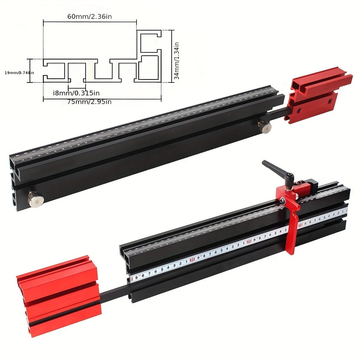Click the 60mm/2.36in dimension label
tap(89, 16)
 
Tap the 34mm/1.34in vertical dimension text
tap(177, 61)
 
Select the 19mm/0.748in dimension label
tap(19, 73)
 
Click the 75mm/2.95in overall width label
tap(89, 102)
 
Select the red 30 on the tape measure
tap(192, 259)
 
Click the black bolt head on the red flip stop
tap(283, 201)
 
